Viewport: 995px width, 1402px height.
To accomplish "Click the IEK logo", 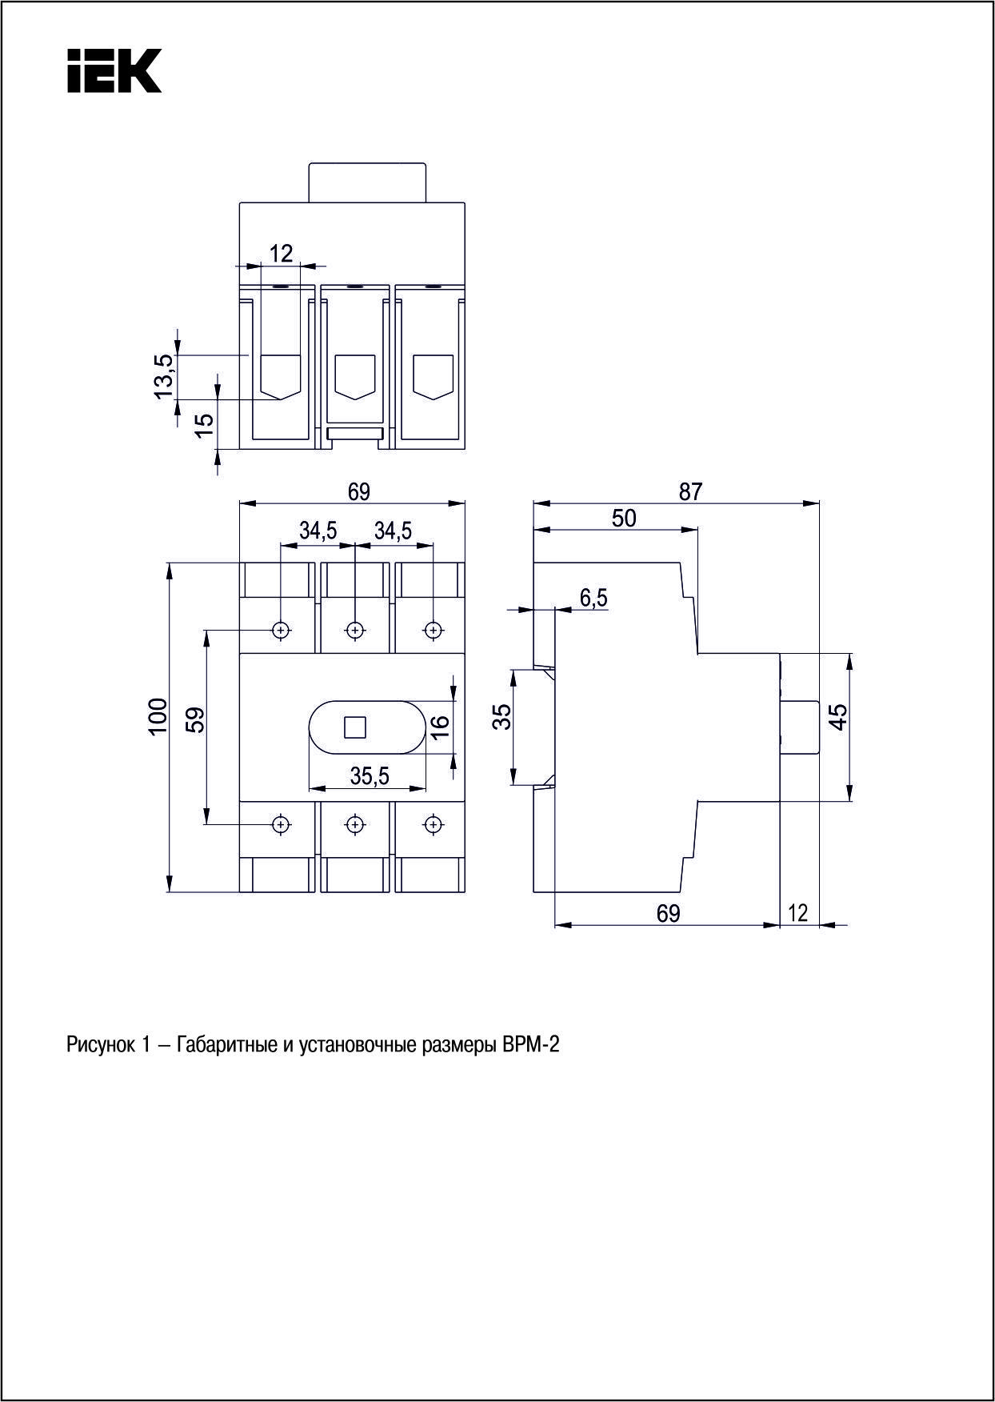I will point(114,71).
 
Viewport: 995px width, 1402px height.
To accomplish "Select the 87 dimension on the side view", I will point(690,491).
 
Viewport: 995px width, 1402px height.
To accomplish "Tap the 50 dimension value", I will point(624,519).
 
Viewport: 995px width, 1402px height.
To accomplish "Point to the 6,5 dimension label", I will point(593,597).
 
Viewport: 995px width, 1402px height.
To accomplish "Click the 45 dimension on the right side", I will point(837,716).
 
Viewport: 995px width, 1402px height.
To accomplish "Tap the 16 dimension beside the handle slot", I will point(440,727).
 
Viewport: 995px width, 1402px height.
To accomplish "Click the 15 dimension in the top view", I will point(205,424).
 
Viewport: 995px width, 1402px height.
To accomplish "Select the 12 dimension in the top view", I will point(281,254).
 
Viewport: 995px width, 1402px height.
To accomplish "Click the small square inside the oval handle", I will point(354,727).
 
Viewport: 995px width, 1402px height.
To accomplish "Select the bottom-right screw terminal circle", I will point(433,823).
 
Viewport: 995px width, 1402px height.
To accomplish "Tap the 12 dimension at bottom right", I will point(798,912).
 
